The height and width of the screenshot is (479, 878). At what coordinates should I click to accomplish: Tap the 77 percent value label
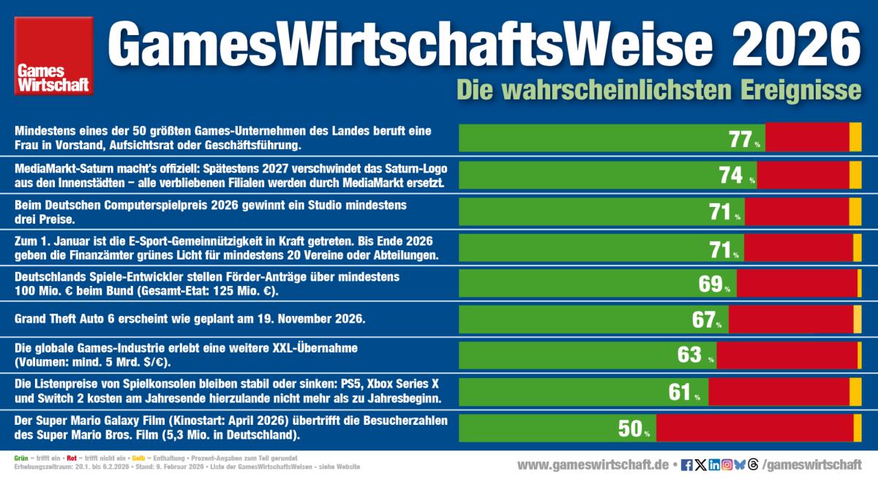click(x=741, y=139)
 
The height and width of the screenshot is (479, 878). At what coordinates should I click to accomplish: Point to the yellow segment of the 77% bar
click(x=855, y=138)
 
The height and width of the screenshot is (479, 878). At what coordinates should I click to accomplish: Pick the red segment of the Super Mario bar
click(x=754, y=429)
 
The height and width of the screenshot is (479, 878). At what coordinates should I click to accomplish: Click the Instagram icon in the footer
click(x=727, y=464)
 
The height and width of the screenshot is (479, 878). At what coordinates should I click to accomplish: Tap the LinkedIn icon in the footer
click(x=714, y=464)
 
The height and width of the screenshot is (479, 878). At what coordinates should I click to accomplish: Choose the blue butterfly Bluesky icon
click(x=740, y=464)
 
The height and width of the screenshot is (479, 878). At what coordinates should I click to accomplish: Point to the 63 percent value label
click(x=690, y=355)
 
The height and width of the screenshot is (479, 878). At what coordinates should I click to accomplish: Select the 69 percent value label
click(x=711, y=284)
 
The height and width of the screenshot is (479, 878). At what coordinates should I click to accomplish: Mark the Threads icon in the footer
click(x=754, y=464)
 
